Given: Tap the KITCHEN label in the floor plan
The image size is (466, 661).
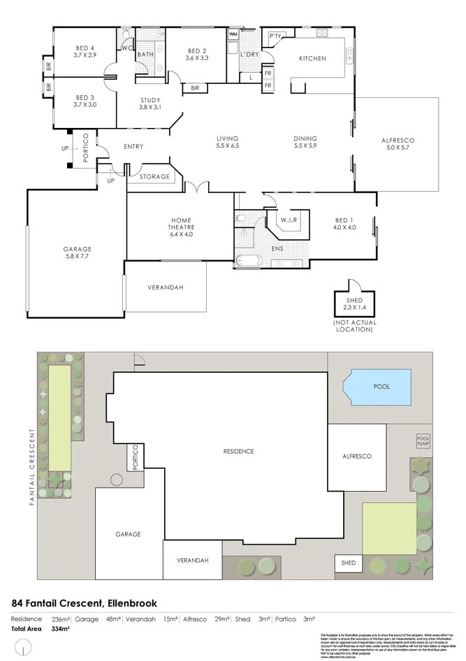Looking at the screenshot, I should tap(312, 59).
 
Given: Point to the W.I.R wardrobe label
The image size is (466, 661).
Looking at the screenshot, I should tap(289, 220).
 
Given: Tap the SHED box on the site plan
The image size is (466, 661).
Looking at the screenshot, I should tap(348, 562).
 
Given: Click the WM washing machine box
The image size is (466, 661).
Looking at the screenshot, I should tap(233, 34).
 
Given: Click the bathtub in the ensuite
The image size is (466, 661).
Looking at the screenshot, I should tap(249, 263).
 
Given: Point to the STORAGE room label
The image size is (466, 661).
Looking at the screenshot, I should tap(154, 177).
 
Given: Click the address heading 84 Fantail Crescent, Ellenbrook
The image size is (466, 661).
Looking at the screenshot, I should tap(85, 603).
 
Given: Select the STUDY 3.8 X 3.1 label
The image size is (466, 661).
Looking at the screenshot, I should tap(150, 104).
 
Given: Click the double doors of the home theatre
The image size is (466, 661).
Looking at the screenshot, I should tap(198, 187).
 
